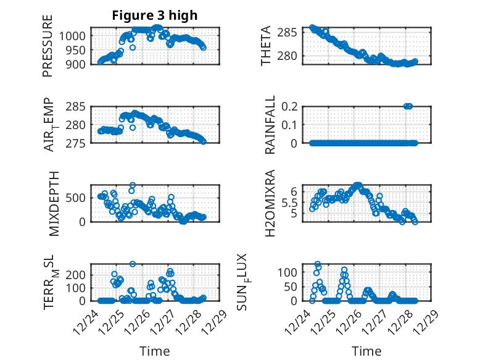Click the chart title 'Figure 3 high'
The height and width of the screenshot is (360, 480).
(154, 15)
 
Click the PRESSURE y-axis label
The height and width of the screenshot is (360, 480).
(48, 46)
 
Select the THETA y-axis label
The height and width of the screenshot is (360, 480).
(266, 46)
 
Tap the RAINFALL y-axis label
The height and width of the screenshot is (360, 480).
(270, 125)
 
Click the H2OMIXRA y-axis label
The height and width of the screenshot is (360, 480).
(270, 204)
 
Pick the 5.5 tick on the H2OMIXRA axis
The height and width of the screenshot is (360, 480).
(297, 202)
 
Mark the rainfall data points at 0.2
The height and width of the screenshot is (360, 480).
(408, 106)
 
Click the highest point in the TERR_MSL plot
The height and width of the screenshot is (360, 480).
(133, 264)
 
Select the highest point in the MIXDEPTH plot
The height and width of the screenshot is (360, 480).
(133, 185)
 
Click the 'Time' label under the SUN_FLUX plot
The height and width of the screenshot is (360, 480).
(366, 351)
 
